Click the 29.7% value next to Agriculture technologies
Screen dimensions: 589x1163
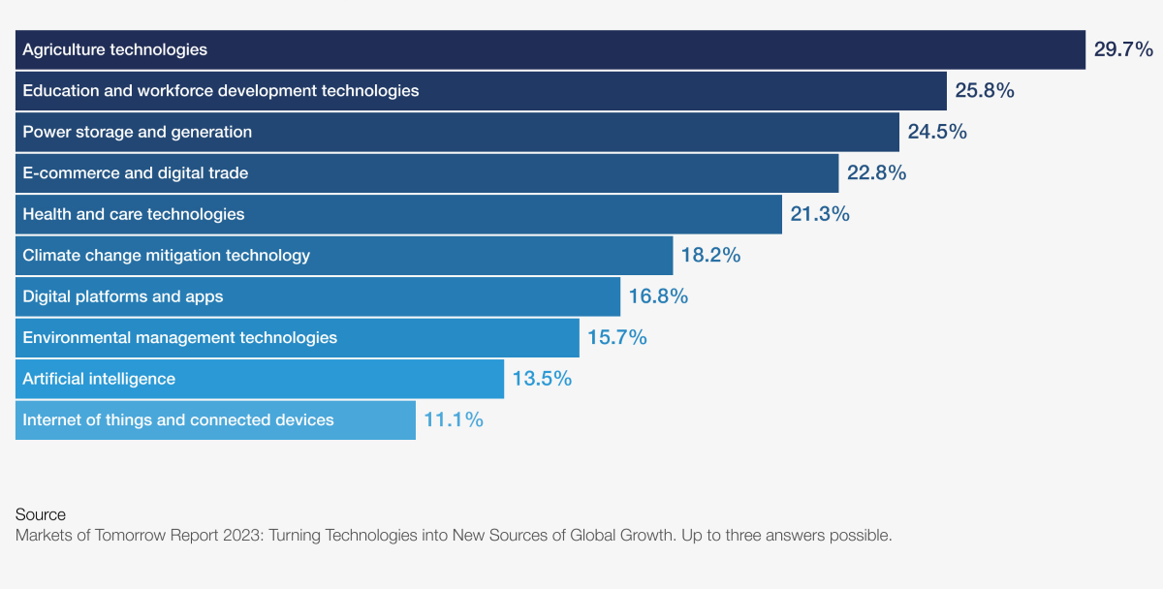pos(1123,49)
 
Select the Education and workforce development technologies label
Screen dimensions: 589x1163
pos(221,91)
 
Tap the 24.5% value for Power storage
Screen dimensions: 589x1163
pos(936,132)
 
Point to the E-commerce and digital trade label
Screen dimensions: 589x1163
pos(136,173)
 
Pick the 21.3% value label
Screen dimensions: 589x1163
pos(820,214)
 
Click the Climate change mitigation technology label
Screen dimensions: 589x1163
pos(167,256)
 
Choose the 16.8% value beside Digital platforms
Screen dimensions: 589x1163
pos(658,296)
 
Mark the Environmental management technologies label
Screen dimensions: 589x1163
pos(180,338)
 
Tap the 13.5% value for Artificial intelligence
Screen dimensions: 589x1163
pos(542,379)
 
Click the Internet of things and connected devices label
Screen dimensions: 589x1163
pos(178,420)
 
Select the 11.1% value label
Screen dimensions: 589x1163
pos(454,420)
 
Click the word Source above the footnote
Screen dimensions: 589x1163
pos(41,514)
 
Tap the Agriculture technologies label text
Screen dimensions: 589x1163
pos(115,49)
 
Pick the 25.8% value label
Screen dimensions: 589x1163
pos(985,91)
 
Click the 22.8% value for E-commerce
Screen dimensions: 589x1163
pos(876,173)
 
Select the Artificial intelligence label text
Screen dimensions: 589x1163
pos(99,379)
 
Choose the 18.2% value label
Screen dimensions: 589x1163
pos(710,256)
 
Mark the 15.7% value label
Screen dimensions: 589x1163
pos(617,338)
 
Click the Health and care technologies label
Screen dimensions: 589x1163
pos(134,214)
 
